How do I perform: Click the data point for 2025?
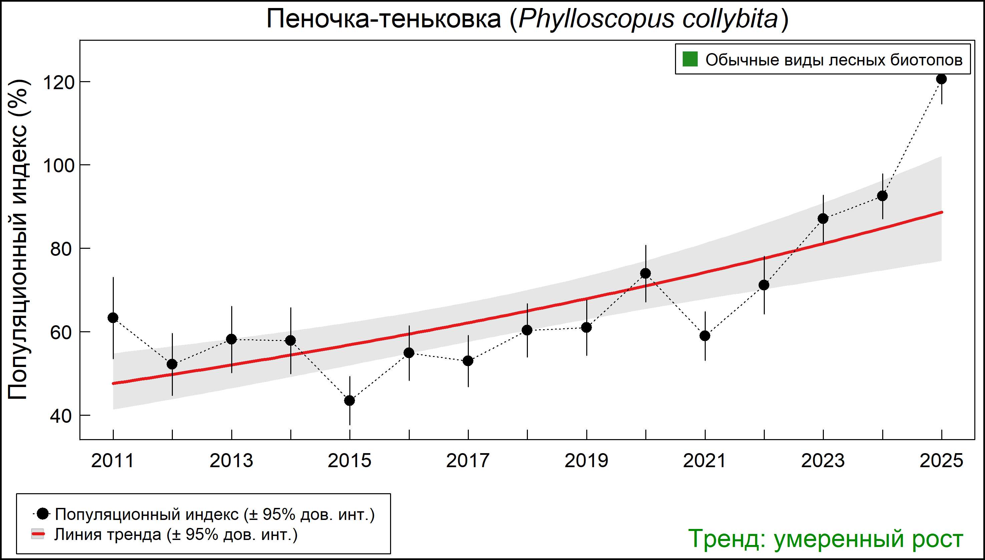(x=941, y=79)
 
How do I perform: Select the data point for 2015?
(x=349, y=401)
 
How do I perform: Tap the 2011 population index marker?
(x=113, y=318)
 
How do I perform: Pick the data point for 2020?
(x=646, y=273)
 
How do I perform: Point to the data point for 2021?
(x=705, y=336)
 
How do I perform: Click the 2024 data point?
(x=882, y=196)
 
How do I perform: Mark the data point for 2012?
(x=172, y=364)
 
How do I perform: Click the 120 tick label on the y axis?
(x=58, y=82)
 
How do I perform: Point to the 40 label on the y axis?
(x=61, y=416)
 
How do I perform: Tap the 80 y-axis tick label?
(x=61, y=249)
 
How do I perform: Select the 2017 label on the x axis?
(x=468, y=461)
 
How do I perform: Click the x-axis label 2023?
(x=823, y=461)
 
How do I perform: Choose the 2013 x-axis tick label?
(x=231, y=461)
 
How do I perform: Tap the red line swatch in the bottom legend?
(x=38, y=534)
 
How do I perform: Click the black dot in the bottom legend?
(x=43, y=514)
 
